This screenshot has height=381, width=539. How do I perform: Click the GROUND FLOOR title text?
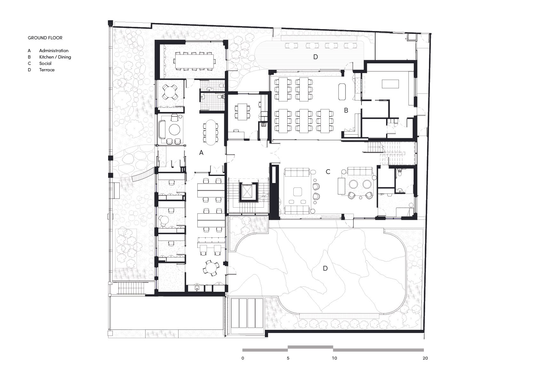[45, 38]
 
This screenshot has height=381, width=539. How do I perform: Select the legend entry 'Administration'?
[54, 51]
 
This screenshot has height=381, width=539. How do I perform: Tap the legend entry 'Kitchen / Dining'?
[55, 57]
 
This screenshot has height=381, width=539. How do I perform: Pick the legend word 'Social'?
[45, 63]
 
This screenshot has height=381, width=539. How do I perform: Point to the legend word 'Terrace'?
[47, 70]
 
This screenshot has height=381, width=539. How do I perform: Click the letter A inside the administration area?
[201, 153]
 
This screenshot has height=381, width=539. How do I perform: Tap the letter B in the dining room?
[346, 110]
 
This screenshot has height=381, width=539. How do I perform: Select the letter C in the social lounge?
[328, 172]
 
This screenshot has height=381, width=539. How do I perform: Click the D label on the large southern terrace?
[325, 268]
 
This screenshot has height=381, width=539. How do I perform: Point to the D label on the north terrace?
[315, 57]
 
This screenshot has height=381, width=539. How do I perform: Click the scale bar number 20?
[425, 358]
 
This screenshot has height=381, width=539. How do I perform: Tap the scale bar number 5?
[288, 358]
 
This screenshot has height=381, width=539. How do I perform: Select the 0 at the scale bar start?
[243, 358]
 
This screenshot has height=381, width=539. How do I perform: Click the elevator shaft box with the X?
[248, 192]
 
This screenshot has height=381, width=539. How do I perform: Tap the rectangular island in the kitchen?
[390, 84]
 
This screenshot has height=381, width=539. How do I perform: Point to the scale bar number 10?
[334, 358]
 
